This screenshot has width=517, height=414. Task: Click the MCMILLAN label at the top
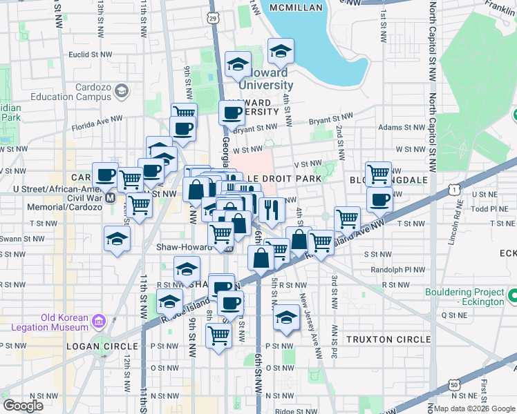297,8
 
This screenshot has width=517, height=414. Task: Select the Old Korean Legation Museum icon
98,320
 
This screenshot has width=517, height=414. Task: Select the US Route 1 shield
453,189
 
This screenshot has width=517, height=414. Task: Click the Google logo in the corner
23,406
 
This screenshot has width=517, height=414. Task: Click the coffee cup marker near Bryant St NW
232,112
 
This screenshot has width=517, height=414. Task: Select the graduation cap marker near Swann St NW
117,238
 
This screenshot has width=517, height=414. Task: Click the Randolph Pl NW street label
396,270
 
